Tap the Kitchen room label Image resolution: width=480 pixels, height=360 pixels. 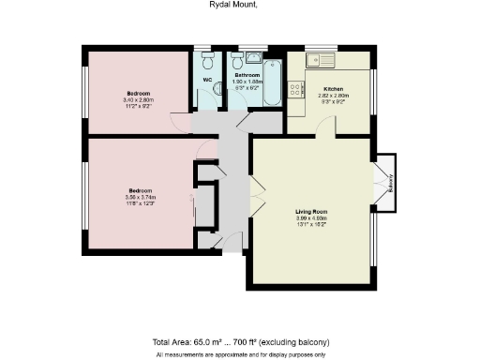[333, 89]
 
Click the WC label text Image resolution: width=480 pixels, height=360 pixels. [207, 80]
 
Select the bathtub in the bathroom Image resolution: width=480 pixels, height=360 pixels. [272, 83]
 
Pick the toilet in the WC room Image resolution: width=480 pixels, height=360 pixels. [207, 62]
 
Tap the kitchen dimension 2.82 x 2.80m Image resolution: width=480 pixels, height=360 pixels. [333, 96]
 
